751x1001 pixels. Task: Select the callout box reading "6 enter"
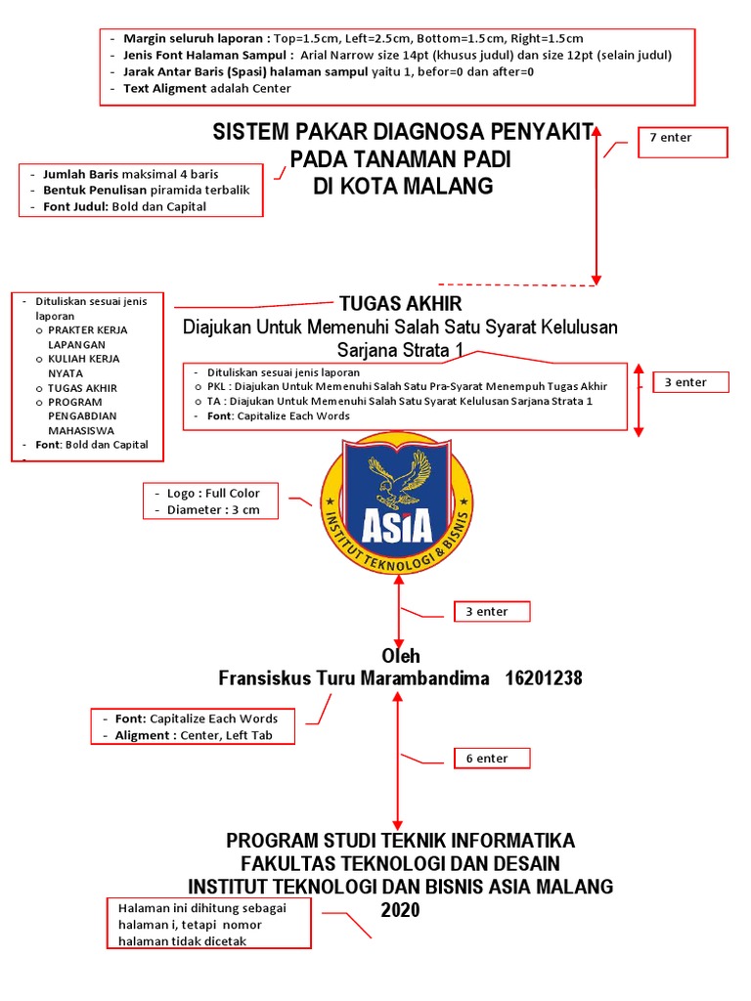click(x=492, y=758)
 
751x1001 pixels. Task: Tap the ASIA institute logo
click(x=396, y=501)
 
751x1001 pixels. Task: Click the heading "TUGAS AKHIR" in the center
click(x=400, y=304)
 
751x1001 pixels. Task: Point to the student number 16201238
click(x=544, y=677)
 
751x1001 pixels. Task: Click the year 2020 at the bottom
click(x=400, y=910)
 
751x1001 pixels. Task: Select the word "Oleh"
click(x=400, y=656)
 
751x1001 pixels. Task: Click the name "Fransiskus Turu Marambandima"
click(x=353, y=677)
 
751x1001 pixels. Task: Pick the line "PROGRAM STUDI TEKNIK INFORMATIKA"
click(x=400, y=841)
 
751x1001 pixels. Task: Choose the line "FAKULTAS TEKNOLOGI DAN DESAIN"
click(x=400, y=863)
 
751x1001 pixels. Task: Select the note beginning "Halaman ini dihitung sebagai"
click(x=208, y=923)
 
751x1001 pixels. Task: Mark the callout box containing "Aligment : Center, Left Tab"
click(x=192, y=726)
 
